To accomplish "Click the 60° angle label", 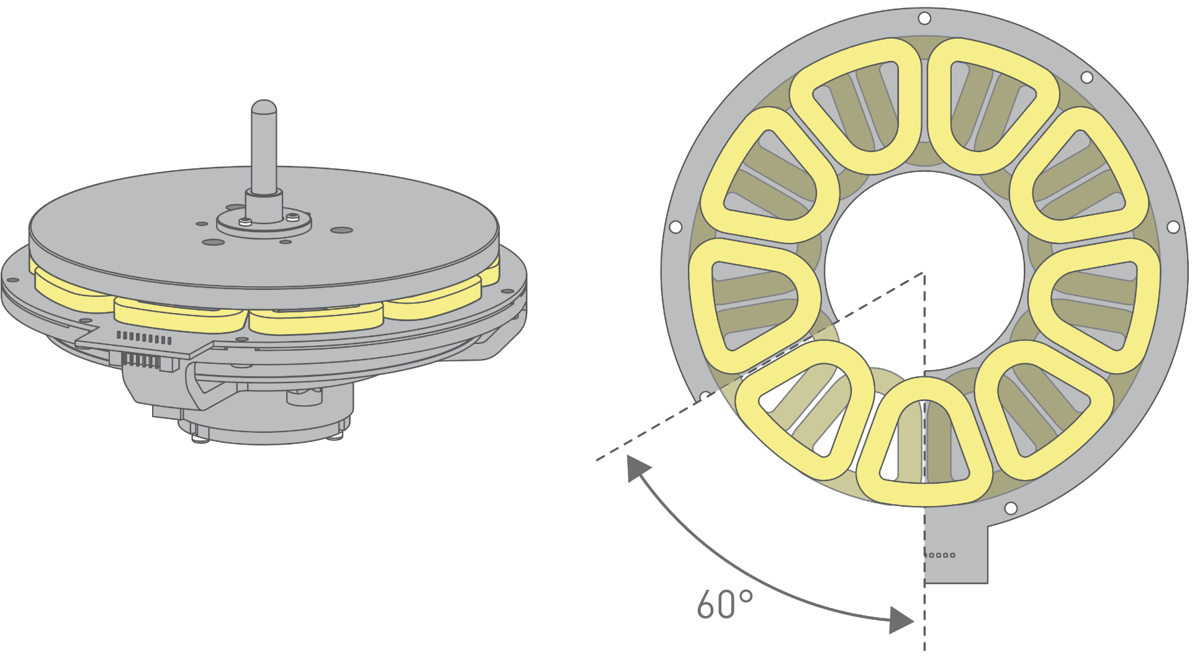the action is (725, 604).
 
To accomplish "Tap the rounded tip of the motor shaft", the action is (264, 107).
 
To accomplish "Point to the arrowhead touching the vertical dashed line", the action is (901, 620).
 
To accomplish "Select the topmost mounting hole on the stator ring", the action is (924, 19).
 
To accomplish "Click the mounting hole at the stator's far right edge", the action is (1173, 227).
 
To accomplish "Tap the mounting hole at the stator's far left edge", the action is (676, 227).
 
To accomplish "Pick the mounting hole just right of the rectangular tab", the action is (1011, 509).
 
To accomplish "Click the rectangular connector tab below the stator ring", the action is (956, 546).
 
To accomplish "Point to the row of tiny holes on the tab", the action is (940, 555).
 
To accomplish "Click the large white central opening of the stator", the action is (924, 271).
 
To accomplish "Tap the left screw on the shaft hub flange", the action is (245, 222).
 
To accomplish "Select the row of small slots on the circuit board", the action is (144, 338).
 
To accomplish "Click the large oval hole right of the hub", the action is (341, 230).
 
